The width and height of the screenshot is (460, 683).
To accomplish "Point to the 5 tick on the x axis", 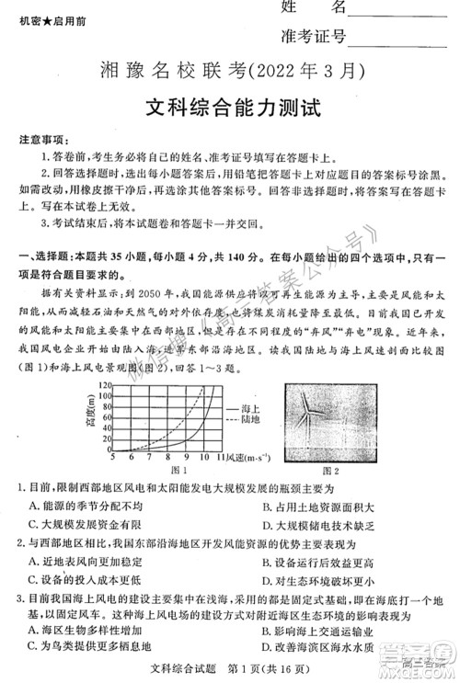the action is click(x=112, y=457).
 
